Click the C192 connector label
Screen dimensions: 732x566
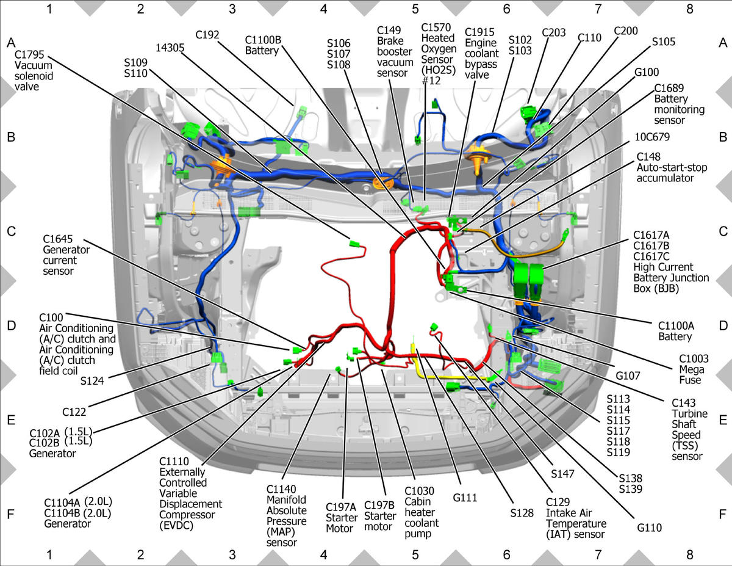coord(207,35)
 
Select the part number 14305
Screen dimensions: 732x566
coord(170,48)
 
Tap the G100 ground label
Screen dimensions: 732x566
coord(647,72)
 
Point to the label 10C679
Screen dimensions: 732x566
coord(652,137)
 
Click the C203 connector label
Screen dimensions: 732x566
coord(554,32)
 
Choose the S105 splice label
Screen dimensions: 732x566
coord(664,42)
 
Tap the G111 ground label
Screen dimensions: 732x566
coord(465,498)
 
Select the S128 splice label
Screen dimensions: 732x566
coord(522,513)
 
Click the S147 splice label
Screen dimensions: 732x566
coord(562,474)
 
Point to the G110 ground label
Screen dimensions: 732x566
coord(649,528)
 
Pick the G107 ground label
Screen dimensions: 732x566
coord(628,376)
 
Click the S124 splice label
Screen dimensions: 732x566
coord(92,381)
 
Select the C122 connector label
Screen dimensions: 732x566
coord(74,412)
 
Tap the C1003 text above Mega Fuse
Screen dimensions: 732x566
coord(694,358)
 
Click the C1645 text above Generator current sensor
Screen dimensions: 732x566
coord(57,239)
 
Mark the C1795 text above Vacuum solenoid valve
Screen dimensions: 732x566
coord(29,54)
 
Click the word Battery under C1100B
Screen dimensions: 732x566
coord(262,51)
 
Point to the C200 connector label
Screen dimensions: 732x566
coord(625,31)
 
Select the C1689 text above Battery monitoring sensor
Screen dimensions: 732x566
coord(669,88)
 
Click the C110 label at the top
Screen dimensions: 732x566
coord(589,37)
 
